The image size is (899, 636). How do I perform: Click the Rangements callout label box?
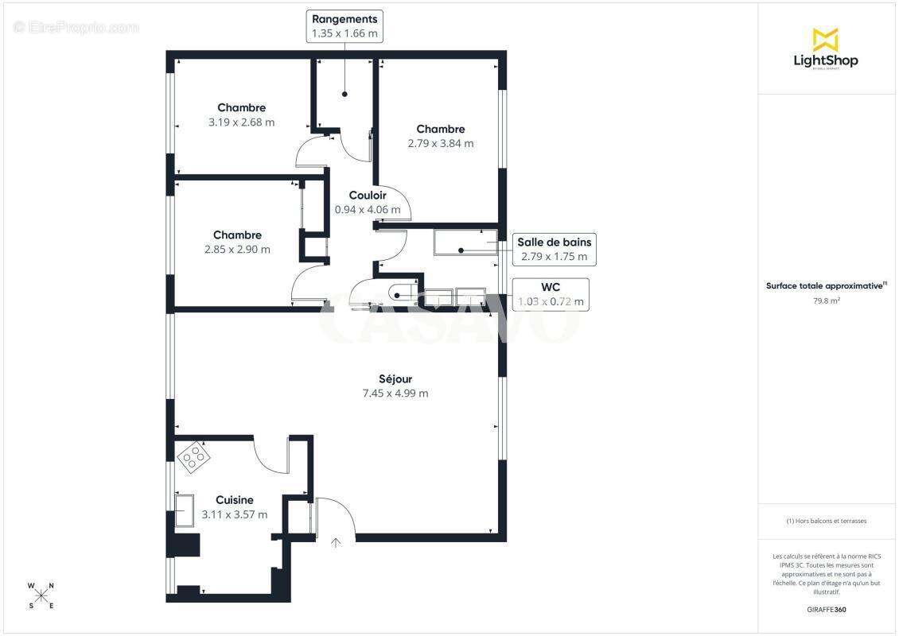click(x=344, y=26)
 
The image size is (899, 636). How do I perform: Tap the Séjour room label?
click(x=395, y=379)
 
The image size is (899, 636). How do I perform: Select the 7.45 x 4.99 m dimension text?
click(x=395, y=394)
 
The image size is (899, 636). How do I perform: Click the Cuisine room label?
click(x=235, y=500)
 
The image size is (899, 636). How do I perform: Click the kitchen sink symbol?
click(x=184, y=510)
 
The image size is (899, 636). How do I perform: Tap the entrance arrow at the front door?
click(x=336, y=543)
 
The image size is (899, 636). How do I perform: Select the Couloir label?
click(x=368, y=196)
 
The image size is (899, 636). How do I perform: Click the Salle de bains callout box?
click(x=555, y=250)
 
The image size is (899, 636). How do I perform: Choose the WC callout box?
click(x=551, y=294)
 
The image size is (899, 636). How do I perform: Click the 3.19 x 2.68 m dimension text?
click(x=241, y=122)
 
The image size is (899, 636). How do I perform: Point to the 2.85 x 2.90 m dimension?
click(x=237, y=250)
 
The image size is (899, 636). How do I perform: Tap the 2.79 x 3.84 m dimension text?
click(x=440, y=144)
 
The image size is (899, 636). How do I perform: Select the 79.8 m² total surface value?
click(x=827, y=301)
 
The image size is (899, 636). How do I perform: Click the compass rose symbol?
click(x=41, y=595)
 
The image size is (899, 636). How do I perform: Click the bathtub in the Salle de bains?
click(x=465, y=242)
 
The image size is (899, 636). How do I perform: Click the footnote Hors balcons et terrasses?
click(x=827, y=522)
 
